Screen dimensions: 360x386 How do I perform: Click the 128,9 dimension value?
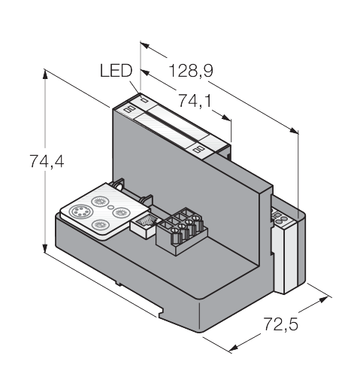(x=191, y=71)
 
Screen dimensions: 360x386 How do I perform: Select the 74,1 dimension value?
(x=195, y=101)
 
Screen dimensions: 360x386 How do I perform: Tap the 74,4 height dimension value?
(x=47, y=161)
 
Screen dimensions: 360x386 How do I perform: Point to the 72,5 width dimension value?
(x=280, y=324)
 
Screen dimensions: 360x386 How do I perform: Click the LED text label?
(x=116, y=71)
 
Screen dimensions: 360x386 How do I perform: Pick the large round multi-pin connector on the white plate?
(x=81, y=212)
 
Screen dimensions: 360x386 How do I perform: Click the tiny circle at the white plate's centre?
(x=110, y=207)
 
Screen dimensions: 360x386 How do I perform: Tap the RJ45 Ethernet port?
(x=145, y=224)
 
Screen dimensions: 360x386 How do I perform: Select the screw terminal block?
(x=181, y=231)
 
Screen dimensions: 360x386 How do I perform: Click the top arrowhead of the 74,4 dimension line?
(x=45, y=74)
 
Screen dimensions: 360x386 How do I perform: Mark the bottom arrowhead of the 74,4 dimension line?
(x=45, y=248)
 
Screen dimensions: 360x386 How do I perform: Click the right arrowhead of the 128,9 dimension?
(x=294, y=130)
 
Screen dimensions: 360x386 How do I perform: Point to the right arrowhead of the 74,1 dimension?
(x=225, y=117)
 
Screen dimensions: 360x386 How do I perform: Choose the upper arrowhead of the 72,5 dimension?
(x=323, y=299)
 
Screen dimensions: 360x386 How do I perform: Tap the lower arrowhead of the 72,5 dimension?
(x=234, y=348)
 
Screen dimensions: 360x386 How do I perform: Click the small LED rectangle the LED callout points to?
(x=144, y=100)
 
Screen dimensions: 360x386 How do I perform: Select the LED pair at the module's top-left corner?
(x=129, y=109)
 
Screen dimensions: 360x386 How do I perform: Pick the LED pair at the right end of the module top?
(x=198, y=150)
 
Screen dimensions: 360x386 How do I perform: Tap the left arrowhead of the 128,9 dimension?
(x=145, y=46)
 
